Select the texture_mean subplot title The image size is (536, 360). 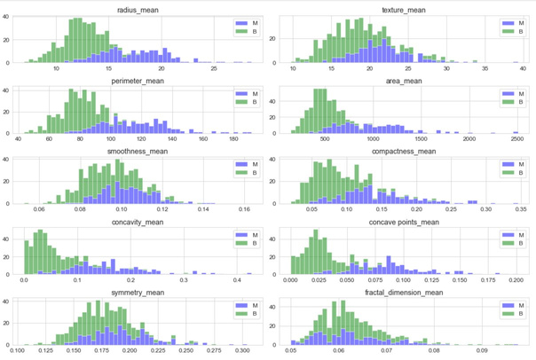point(406,10)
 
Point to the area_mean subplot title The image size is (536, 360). point(406,81)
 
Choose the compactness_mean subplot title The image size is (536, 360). point(406,152)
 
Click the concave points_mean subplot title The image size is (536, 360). point(406,223)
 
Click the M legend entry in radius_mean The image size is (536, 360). point(248,23)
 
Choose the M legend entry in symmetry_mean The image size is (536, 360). point(248,306)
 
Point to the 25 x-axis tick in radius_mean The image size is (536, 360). point(213,68)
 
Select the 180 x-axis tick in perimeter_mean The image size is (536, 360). point(234,139)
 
